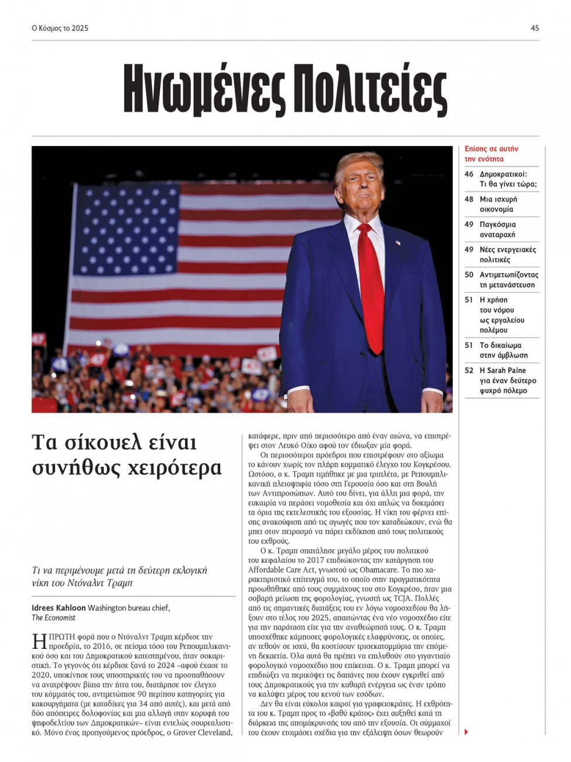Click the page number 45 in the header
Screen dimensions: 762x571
[535, 28]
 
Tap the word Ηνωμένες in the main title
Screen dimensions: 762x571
[204, 92]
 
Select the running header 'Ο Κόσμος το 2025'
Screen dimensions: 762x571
[60, 28]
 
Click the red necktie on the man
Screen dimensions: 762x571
[371, 287]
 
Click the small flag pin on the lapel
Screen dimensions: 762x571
[398, 243]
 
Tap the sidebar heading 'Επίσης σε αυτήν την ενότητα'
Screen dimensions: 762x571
[491, 154]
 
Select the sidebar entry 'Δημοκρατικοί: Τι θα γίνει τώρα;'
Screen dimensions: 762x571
[508, 179]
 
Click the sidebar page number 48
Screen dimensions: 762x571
[469, 199]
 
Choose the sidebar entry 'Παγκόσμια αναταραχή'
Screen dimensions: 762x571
[498, 229]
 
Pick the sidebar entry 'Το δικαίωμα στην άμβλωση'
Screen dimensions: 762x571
[503, 350]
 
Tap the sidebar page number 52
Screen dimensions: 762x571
[469, 370]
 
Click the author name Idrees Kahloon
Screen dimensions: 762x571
[59, 608]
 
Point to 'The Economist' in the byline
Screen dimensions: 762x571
[53, 617]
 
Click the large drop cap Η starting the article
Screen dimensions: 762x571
[39, 641]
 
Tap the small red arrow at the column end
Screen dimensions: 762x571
[466, 732]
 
